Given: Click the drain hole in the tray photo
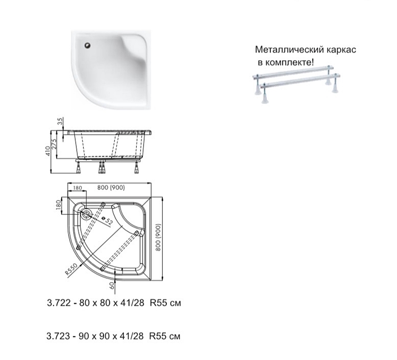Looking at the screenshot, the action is pos(88,45).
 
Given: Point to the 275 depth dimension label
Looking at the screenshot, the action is pos(54,144).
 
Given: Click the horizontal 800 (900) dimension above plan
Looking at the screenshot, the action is pos(111,187).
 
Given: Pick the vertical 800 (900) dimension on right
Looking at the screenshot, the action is pos(158,237).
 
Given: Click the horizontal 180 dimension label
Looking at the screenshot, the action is pos(78,188).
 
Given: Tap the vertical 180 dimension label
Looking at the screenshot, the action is pos(59,205).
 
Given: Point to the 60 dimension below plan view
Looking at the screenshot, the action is pos(112,285).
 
